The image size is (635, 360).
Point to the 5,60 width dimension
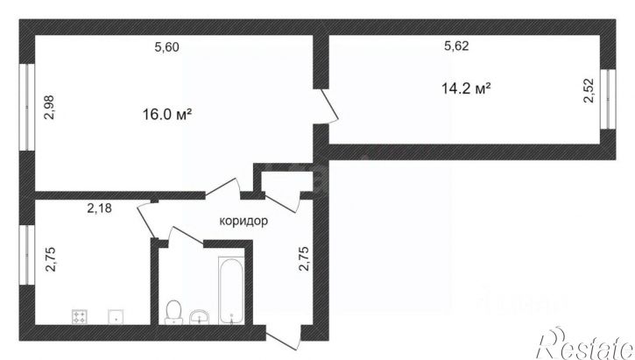point(166,48)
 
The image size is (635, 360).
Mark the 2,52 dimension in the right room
point(589,92)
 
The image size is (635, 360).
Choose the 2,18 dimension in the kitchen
point(100,208)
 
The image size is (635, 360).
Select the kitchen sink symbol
point(113,317)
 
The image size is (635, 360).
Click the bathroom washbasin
point(200,314)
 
